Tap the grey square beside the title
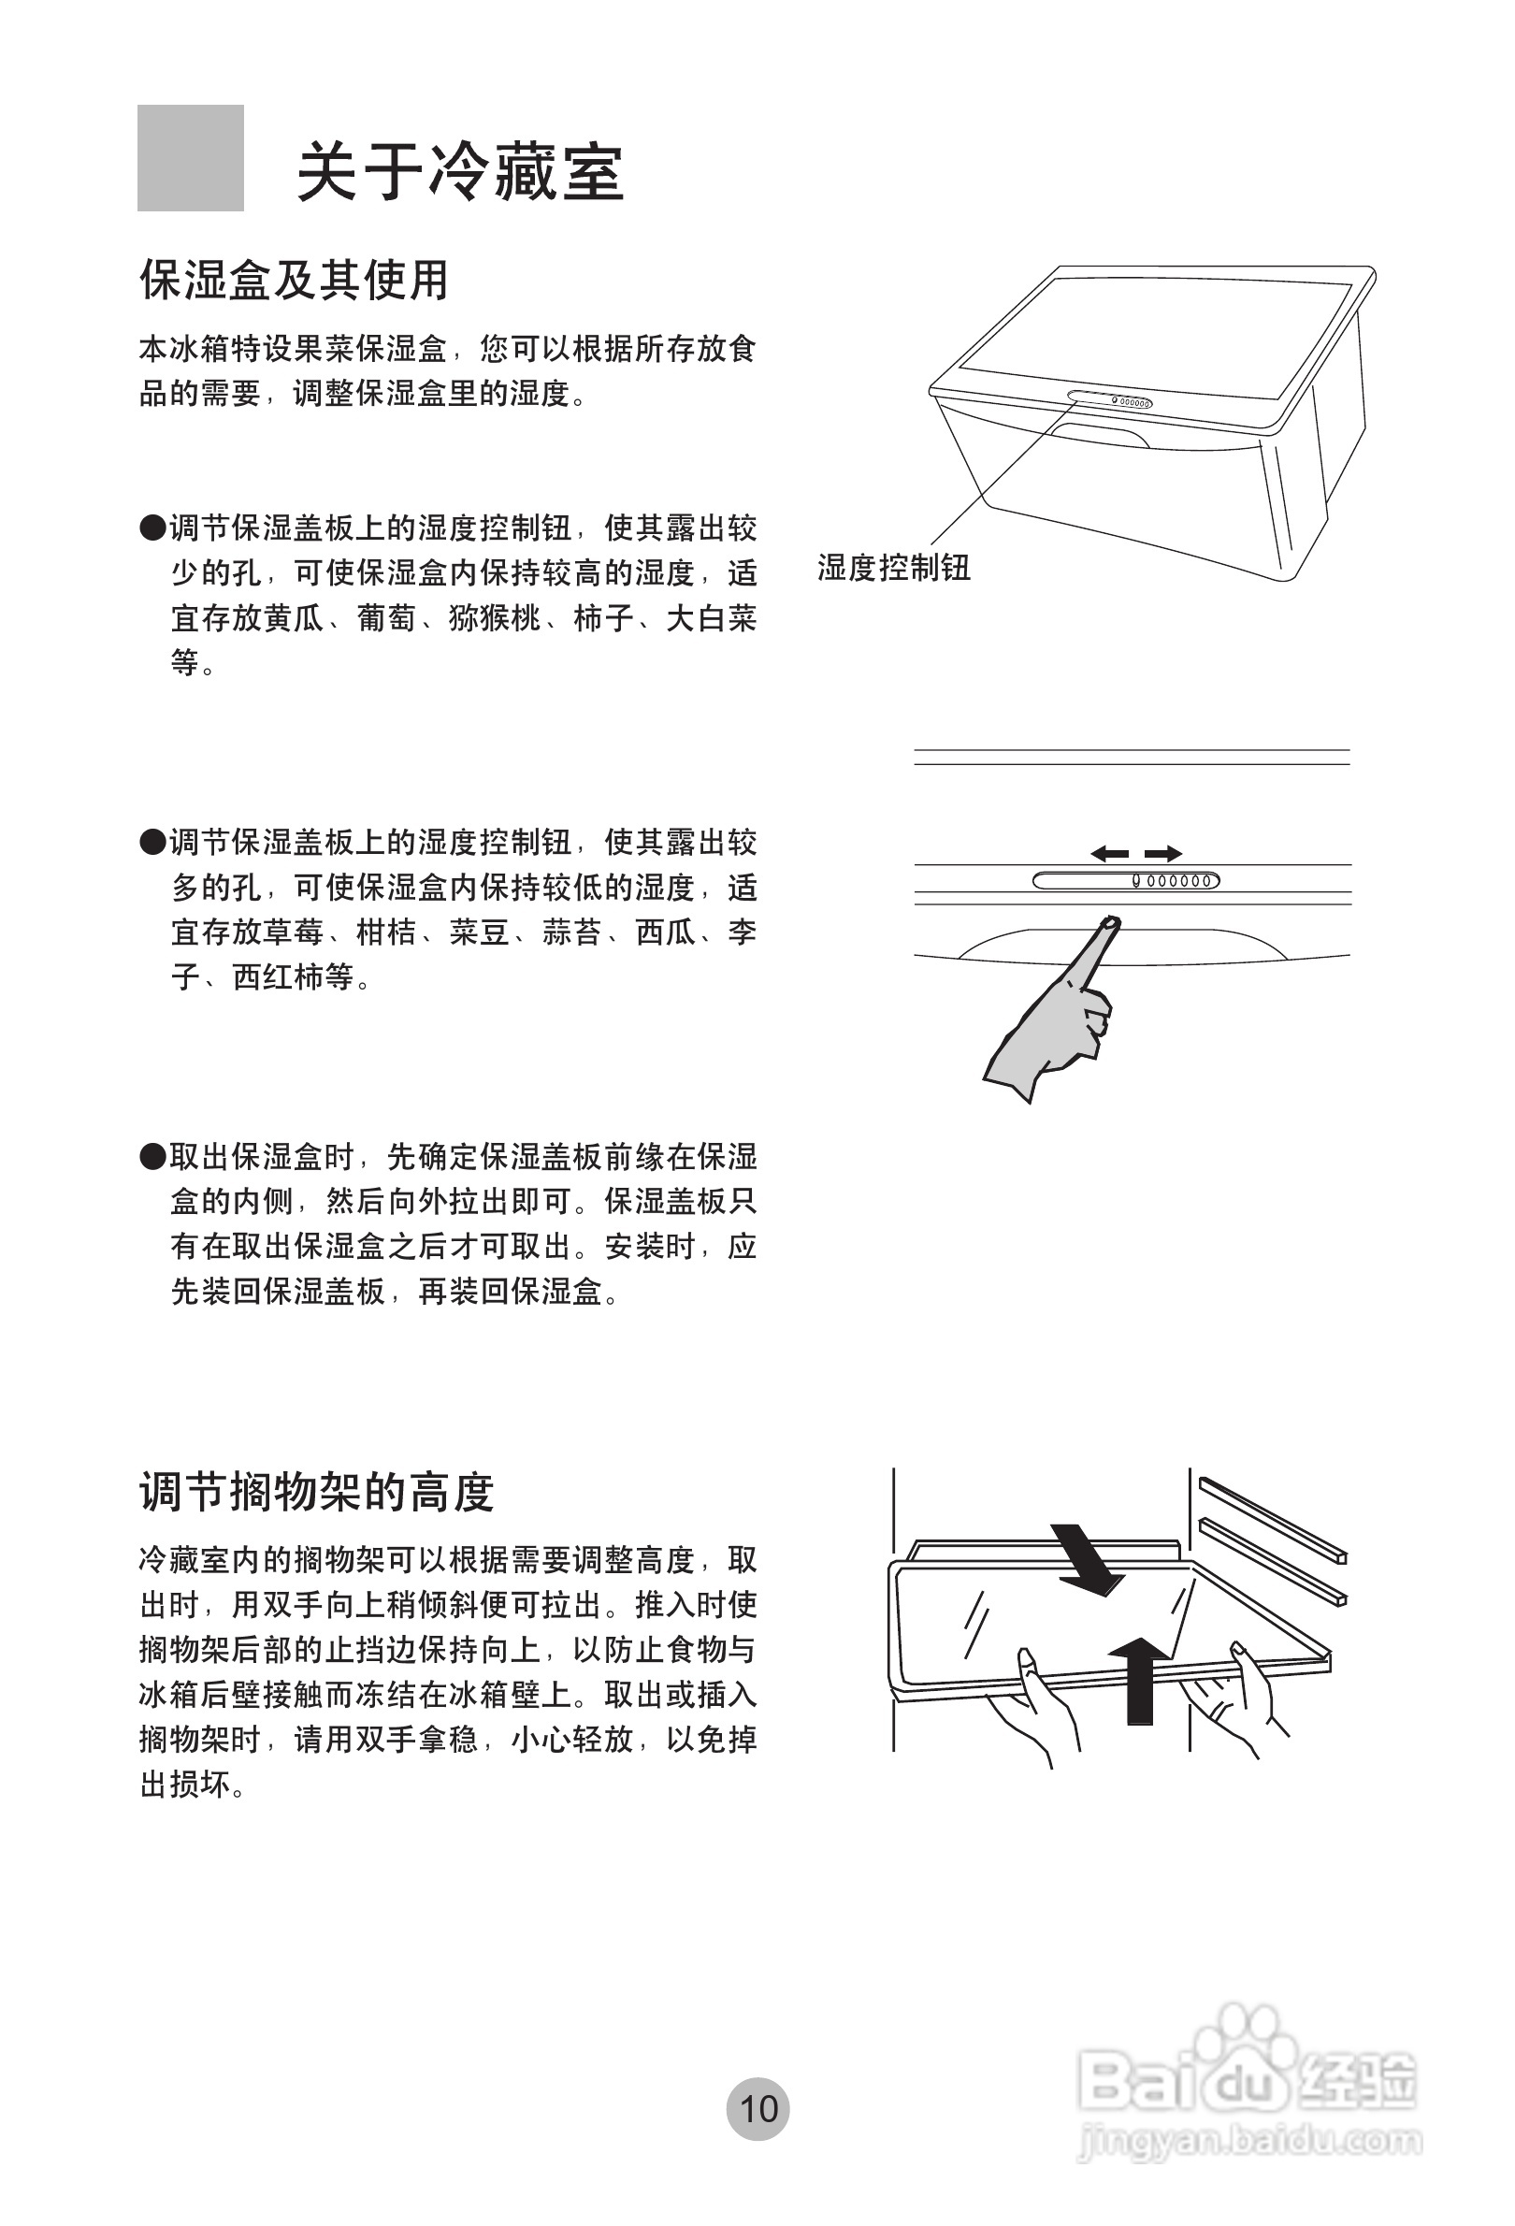191,158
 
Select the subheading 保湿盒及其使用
294,280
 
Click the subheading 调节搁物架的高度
316,1492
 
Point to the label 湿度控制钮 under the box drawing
893,568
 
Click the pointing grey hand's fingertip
1110,924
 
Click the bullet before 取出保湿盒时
152,1157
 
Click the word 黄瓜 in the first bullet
294,619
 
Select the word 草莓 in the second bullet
294,932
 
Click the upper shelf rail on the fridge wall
1274,1518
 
